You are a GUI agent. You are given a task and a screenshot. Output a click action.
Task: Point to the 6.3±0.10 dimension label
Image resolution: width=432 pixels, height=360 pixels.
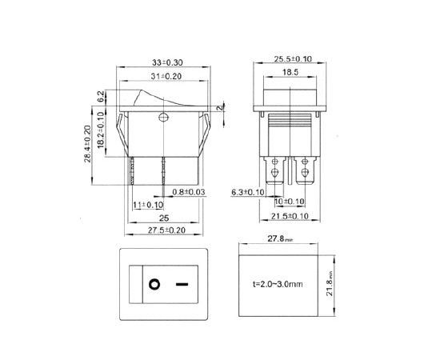[x=248, y=193]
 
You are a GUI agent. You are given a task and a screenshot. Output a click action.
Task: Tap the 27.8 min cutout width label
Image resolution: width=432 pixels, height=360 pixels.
[x=286, y=238]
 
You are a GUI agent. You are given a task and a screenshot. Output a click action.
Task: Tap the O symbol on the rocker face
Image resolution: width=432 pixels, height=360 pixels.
[x=153, y=284]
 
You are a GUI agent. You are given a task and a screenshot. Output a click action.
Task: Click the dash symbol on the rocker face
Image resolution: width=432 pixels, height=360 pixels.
[x=182, y=284]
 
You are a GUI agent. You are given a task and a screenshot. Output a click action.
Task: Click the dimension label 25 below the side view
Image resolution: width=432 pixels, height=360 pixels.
[x=164, y=218]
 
